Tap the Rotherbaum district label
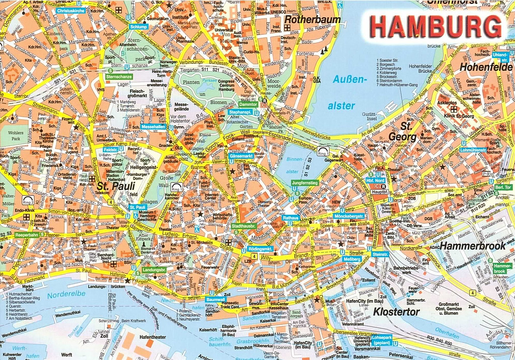pyautogui.click(x=312, y=20)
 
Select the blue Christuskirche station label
pyautogui.click(x=71, y=10)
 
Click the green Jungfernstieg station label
pyautogui.click(x=305, y=183)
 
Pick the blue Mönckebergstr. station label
pyautogui.click(x=349, y=216)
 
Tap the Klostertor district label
pyautogui.click(x=396, y=312)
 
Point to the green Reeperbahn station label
pyautogui.click(x=27, y=235)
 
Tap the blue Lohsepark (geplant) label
pyautogui.click(x=383, y=340)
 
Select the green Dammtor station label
pyautogui.click(x=248, y=105)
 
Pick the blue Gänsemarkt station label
pyautogui.click(x=241, y=156)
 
